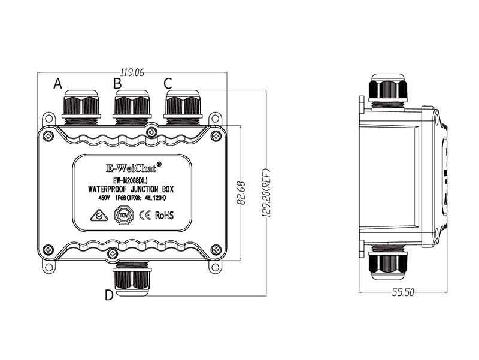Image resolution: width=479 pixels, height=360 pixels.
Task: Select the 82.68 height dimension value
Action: (242, 193)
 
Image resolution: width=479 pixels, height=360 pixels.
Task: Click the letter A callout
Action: (58, 83)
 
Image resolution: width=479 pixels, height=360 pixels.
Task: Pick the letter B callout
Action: (118, 83)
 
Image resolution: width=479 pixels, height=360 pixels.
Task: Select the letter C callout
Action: (168, 83)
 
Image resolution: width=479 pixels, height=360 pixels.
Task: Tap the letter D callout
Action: (108, 294)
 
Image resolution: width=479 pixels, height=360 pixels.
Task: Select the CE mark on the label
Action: (144, 215)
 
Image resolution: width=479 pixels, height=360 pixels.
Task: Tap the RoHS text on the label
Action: (164, 215)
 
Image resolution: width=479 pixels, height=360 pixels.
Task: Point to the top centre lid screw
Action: (154, 129)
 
